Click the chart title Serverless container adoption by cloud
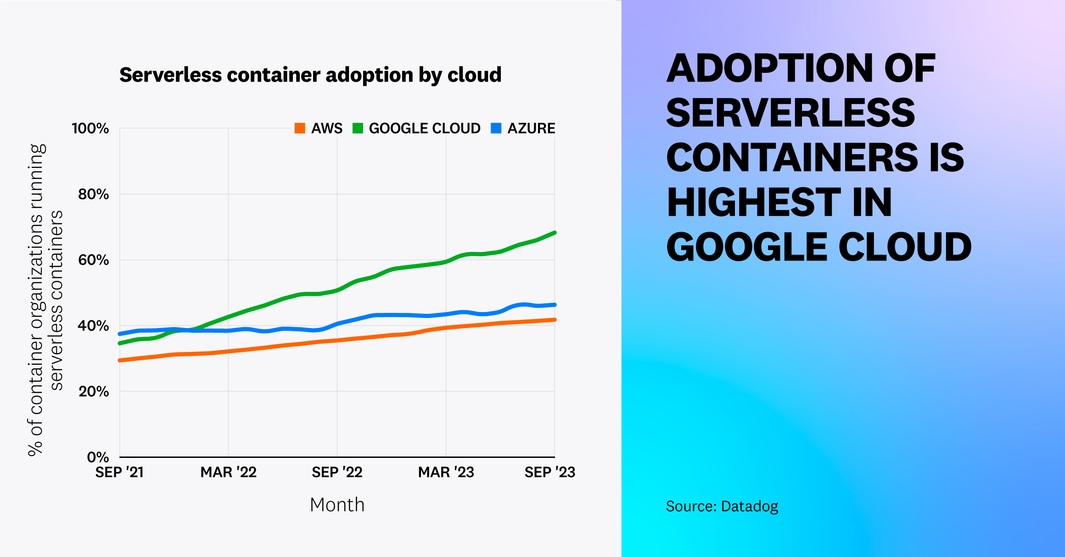[x=310, y=75]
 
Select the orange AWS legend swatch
[x=300, y=128]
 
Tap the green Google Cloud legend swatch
[x=358, y=128]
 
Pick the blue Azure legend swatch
[x=496, y=128]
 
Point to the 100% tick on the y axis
[x=90, y=128]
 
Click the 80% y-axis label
[x=93, y=195]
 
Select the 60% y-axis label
[x=93, y=260]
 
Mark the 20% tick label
[x=94, y=391]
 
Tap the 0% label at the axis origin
[x=98, y=457]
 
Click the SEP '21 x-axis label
[x=119, y=472]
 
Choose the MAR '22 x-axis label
[x=228, y=472]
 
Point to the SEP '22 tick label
[x=337, y=472]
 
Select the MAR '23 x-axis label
[x=446, y=472]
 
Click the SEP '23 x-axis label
[x=549, y=472]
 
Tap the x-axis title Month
[x=337, y=505]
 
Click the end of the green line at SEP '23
[x=555, y=233]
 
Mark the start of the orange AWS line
[x=120, y=360]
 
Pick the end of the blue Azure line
[x=555, y=305]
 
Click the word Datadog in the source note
[x=750, y=507]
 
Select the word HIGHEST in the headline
[x=753, y=202]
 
